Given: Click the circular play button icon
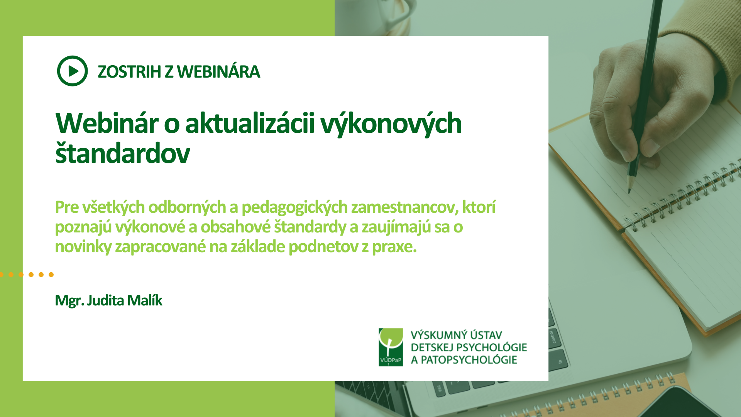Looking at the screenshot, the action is tap(72, 71).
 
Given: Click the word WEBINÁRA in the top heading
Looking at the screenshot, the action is tap(218, 72).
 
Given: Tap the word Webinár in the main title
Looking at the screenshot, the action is tap(107, 124).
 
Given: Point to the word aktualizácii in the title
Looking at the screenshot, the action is tap(250, 124).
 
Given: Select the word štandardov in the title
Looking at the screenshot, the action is tap(122, 153).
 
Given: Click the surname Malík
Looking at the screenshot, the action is tap(145, 300).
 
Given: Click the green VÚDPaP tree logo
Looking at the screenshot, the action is tap(391, 347).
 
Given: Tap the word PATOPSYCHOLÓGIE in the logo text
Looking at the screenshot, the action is tap(469, 360).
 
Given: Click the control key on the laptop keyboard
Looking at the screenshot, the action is tap(553, 337).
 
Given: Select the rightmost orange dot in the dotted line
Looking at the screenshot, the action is tap(51, 275).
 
